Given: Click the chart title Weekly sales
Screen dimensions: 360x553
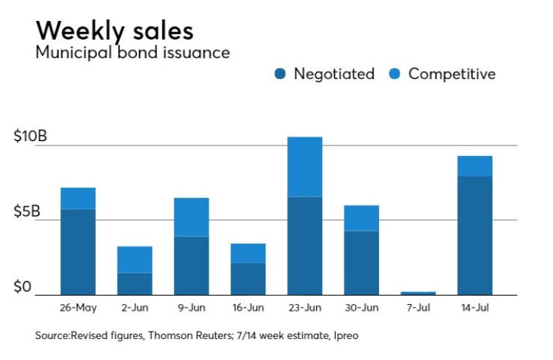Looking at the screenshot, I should (x=114, y=31).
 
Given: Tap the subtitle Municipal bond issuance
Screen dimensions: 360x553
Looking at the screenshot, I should (x=132, y=53).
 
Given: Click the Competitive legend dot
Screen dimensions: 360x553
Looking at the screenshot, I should (x=395, y=74).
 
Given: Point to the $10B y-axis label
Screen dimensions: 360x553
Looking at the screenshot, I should (x=31, y=137).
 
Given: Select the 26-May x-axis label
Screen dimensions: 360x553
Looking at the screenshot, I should (x=78, y=307).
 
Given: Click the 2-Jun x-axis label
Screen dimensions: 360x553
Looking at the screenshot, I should (x=135, y=307).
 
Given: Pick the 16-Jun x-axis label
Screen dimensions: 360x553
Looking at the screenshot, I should (x=247, y=307).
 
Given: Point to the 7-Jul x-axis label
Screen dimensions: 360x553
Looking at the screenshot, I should (x=418, y=307).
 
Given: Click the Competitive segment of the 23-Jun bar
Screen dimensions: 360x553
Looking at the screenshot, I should (x=304, y=167).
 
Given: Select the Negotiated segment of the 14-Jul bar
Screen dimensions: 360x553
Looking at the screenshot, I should (x=475, y=235).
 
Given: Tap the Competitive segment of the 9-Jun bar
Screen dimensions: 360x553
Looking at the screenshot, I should (x=191, y=217).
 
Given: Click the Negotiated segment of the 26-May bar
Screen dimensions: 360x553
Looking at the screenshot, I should (x=78, y=252).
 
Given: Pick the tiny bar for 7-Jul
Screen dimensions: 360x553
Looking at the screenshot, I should (x=418, y=293).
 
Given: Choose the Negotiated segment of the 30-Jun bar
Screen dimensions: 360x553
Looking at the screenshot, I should (x=361, y=262).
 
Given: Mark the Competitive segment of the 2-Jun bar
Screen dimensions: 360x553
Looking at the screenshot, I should (x=135, y=259).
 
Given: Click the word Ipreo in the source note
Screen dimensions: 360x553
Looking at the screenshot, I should (x=344, y=336).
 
